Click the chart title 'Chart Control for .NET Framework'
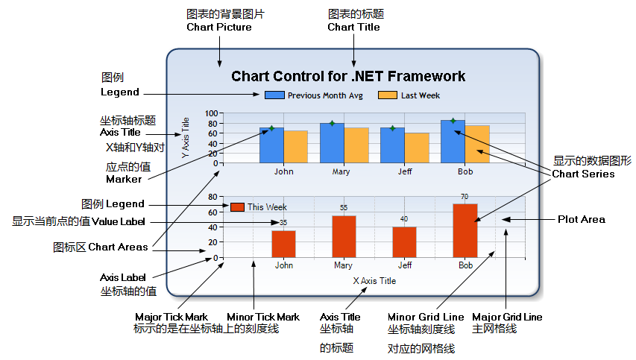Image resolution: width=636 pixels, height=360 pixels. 348,76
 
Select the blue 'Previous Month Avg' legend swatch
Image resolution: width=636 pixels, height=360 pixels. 274,95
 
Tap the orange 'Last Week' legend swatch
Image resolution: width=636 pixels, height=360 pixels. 387,95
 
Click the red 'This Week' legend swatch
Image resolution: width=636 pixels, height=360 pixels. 238,207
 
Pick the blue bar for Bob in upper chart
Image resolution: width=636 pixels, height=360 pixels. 453,142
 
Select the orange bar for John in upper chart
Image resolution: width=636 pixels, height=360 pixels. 295,147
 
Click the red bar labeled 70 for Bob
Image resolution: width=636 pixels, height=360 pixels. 465,231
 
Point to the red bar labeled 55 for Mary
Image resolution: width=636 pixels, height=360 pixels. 344,237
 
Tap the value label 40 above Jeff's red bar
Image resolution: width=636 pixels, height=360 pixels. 404,219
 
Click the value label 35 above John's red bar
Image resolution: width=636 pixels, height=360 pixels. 283,223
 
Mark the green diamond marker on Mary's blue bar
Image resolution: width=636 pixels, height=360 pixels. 332,123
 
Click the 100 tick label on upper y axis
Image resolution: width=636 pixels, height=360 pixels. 211,114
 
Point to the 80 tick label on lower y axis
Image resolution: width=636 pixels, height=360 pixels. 212,198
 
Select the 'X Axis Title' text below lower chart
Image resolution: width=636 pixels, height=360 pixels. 374,281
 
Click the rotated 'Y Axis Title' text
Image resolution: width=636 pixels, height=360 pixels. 186,138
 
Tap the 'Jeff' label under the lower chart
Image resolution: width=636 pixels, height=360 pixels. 404,265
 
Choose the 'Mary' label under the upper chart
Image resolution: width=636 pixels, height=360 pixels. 341,171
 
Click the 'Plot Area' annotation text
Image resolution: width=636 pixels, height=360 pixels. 582,219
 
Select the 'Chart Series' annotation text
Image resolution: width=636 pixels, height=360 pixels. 583,174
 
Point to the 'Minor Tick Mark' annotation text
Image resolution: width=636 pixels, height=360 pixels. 263,317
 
